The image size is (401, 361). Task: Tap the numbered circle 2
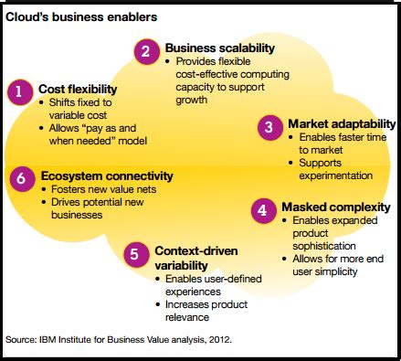pos(145,50)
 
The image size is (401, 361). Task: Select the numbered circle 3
pos(269,127)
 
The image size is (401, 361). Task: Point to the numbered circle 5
pos(135,254)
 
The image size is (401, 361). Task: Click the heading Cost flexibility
pos(76,89)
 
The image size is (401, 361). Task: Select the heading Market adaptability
pos(342,122)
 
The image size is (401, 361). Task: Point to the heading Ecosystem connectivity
pos(107,175)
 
